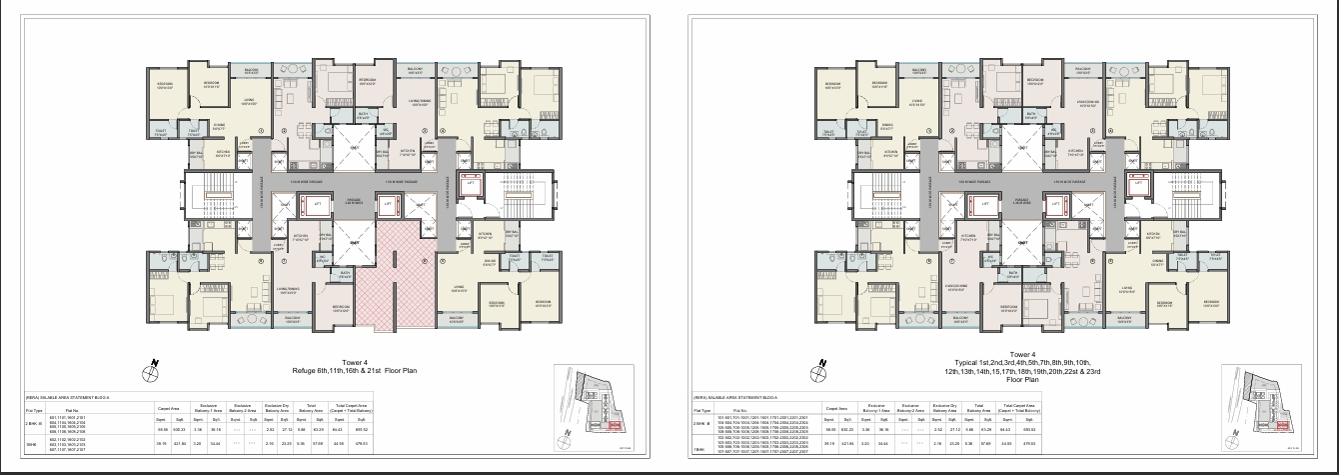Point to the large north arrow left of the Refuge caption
point(150,370)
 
